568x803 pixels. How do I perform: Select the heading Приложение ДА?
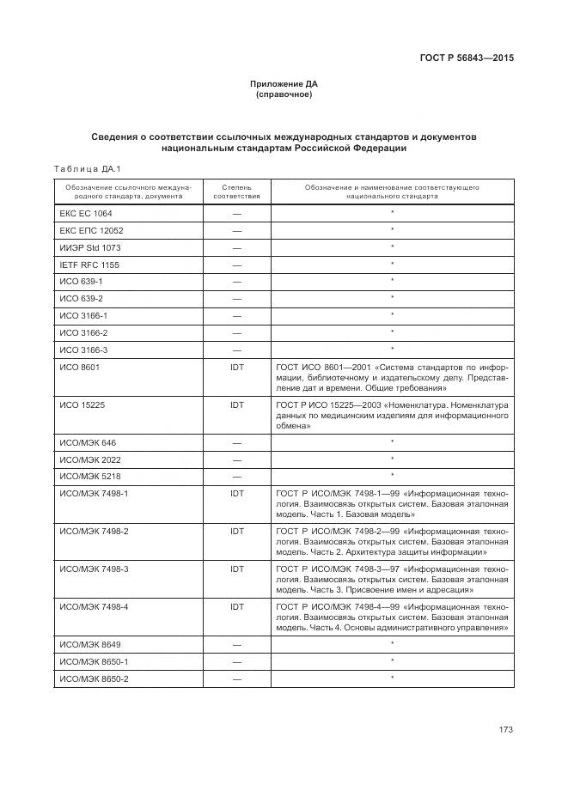pyautogui.click(x=284, y=84)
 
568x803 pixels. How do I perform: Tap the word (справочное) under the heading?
pyautogui.click(x=284, y=94)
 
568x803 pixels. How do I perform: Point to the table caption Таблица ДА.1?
pyautogui.click(x=89, y=168)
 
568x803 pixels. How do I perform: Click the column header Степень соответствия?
pyautogui.click(x=236, y=191)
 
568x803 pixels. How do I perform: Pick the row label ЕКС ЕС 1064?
pyautogui.click(x=86, y=213)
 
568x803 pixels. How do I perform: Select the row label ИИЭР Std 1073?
pyautogui.click(x=90, y=247)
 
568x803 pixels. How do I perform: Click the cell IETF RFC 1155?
pyautogui.click(x=89, y=265)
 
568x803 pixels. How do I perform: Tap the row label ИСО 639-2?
pyautogui.click(x=82, y=298)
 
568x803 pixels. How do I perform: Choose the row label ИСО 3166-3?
pyautogui.click(x=83, y=350)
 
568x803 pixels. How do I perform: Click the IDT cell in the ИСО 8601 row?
pyautogui.click(x=237, y=367)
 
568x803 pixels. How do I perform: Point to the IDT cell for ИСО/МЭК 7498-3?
pyautogui.click(x=237, y=568)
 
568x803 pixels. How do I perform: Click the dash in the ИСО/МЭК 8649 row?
pyautogui.click(x=237, y=644)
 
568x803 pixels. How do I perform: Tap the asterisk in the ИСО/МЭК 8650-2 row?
pyautogui.click(x=392, y=678)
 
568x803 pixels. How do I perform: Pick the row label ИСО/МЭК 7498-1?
pyautogui.click(x=94, y=494)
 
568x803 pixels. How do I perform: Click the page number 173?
pyautogui.click(x=505, y=730)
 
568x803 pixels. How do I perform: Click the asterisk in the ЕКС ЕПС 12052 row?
pyautogui.click(x=392, y=230)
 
